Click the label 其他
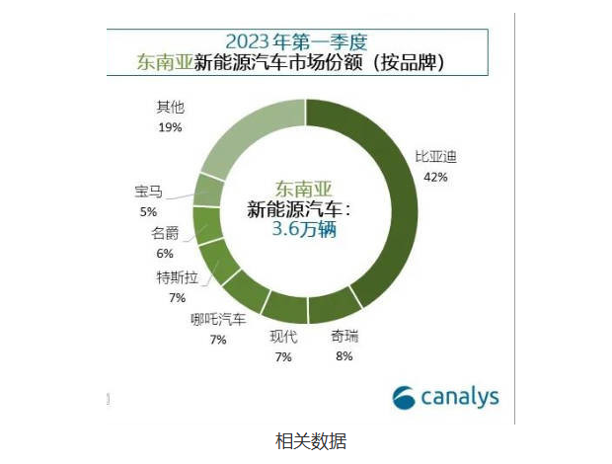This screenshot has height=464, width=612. point(171,107)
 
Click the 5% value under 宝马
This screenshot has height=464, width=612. point(149,211)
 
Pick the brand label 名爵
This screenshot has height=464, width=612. point(164,234)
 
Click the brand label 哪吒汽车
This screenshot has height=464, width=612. point(218,319)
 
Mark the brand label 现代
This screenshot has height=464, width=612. point(283,337)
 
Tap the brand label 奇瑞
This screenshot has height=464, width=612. point(344,337)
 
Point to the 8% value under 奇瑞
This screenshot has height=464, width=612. point(344,356)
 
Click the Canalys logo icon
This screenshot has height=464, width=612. point(405,397)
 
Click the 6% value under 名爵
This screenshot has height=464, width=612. point(164,254)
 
